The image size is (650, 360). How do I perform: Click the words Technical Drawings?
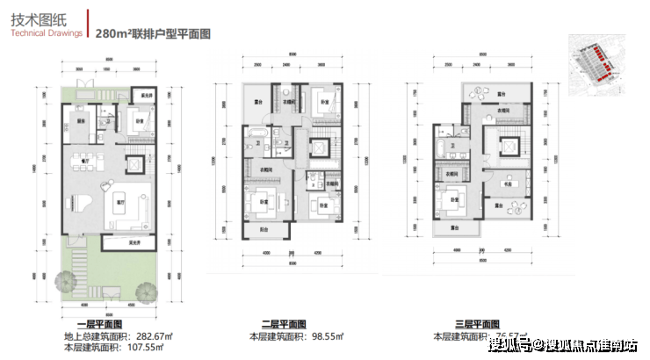pyautogui.click(x=46, y=32)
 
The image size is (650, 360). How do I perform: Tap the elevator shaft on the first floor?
pyautogui.click(x=134, y=164)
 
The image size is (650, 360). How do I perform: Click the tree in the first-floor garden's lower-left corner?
pyautogui.click(x=64, y=283)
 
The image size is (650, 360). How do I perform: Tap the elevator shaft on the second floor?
pyautogui.click(x=319, y=149)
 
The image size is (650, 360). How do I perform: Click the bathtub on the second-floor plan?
pyautogui.click(x=260, y=137)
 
